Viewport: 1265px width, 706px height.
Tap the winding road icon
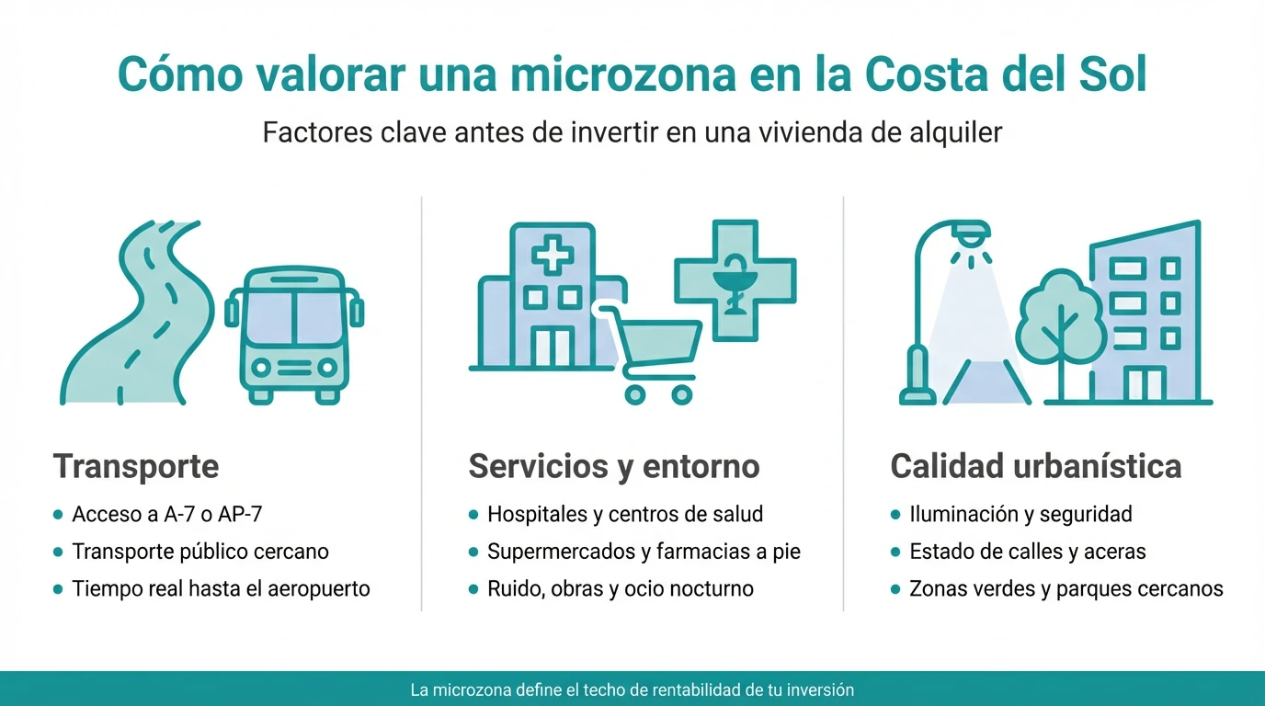pyautogui.click(x=138, y=313)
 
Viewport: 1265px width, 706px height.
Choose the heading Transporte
pyautogui.click(x=136, y=466)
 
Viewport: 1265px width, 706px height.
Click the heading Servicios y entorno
pyautogui.click(x=614, y=466)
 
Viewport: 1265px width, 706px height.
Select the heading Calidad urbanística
pyautogui.click(x=1036, y=466)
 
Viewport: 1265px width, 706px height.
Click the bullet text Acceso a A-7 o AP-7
pyautogui.click(x=167, y=514)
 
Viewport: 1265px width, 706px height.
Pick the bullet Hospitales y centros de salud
pyautogui.click(x=625, y=514)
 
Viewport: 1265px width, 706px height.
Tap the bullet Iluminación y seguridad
pyautogui.click(x=1020, y=514)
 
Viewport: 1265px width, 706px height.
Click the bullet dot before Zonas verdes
pyautogui.click(x=895, y=589)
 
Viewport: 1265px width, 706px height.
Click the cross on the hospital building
pyautogui.click(x=553, y=253)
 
